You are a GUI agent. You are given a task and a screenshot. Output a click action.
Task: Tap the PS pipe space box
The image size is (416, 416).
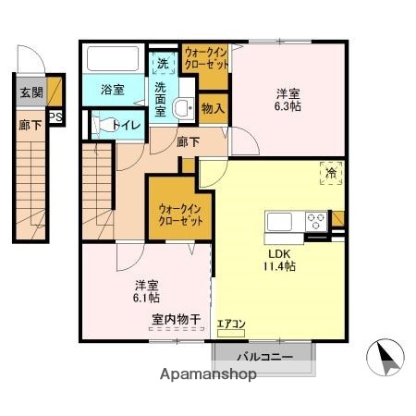55,117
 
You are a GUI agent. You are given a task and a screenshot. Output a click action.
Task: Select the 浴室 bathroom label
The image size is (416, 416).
113,91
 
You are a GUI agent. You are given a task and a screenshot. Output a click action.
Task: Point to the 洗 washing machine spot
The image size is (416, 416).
162,65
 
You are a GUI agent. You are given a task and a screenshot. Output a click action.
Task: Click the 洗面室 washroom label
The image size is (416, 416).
161,99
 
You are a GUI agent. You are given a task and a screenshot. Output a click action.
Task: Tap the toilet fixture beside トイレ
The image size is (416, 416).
98,123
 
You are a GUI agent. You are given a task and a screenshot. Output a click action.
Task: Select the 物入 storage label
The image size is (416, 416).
213,108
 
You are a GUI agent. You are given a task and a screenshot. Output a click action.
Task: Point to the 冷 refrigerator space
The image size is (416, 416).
330,172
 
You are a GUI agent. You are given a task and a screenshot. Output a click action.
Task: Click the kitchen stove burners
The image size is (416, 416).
315,222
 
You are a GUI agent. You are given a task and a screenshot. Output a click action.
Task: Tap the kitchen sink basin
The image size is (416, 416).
281,222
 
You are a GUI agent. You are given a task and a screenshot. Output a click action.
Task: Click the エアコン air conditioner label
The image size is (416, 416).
230,324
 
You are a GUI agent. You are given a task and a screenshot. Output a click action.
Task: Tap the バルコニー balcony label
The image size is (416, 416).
265,356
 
